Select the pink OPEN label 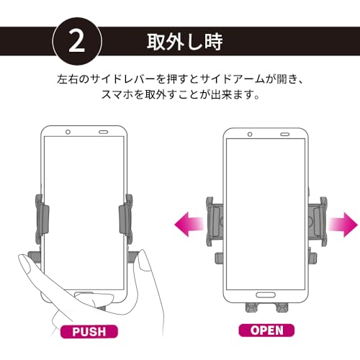click(268, 332)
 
